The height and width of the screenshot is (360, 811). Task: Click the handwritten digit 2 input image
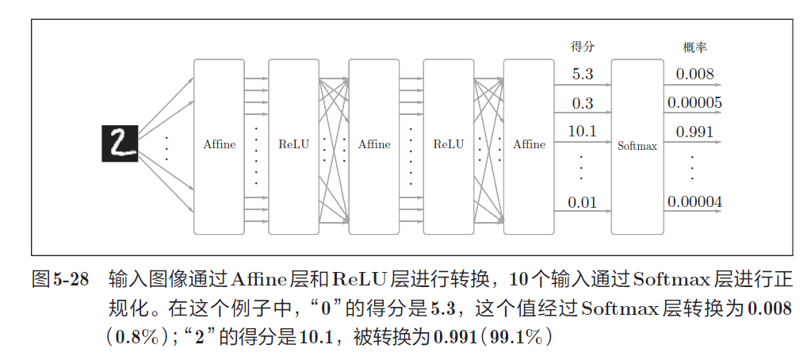pos(119,144)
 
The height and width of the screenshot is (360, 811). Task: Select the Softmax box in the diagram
pos(637,146)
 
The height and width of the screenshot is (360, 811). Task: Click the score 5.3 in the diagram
pos(583,75)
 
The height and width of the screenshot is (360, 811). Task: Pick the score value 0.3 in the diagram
pos(583,103)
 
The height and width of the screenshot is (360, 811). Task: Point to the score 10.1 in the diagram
pos(583,131)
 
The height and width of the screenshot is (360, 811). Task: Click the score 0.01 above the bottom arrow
pos(583,202)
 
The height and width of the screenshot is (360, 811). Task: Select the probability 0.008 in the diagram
pos(694,75)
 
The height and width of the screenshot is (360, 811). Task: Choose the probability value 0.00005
pos(694,103)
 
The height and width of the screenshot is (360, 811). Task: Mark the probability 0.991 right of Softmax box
pos(694,131)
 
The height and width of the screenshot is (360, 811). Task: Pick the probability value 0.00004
pos(694,202)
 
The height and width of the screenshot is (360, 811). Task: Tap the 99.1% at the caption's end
pos(519,336)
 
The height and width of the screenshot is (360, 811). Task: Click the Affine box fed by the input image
pos(220,145)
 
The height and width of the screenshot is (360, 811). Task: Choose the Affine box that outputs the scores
pos(529,145)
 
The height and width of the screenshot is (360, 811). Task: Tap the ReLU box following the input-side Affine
pos(293,145)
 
